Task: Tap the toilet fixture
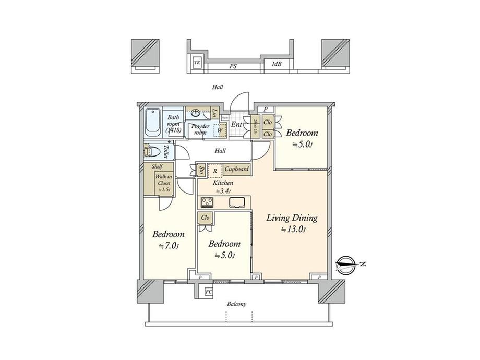tap(150, 151)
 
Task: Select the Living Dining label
tap(292, 218)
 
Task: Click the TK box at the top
tap(197, 63)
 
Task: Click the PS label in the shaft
tap(230, 66)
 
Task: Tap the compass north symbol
tap(347, 265)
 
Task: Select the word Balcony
tap(236, 304)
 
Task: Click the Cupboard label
tap(236, 170)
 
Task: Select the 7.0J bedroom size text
tap(168, 246)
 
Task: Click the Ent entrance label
tap(236, 124)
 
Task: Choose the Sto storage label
tap(201, 170)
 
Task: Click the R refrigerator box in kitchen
tap(214, 170)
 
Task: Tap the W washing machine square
tap(220, 131)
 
